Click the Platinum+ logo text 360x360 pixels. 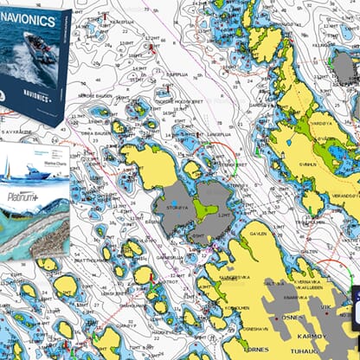22,198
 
